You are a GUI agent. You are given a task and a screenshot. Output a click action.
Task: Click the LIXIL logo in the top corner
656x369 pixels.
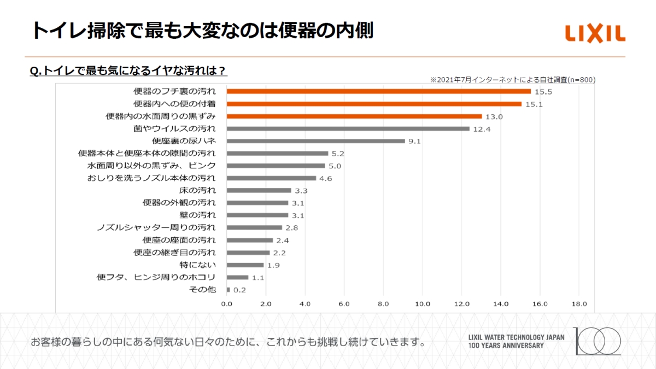[595, 34]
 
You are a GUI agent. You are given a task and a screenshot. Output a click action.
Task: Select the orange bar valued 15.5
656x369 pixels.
[378, 91]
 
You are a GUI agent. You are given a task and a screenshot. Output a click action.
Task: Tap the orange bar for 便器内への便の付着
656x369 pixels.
[374, 104]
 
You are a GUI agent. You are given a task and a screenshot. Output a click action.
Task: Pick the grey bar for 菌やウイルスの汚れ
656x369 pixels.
[348, 128]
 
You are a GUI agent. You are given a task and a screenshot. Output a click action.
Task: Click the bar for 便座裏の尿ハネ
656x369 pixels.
[315, 141]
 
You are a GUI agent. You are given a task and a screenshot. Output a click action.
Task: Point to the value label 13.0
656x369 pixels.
[494, 116]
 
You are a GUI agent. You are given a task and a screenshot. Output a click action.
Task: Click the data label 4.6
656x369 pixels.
[326, 178]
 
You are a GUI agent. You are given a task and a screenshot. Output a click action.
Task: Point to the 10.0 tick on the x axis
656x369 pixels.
[422, 303]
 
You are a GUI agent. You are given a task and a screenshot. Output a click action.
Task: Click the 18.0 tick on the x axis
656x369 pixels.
[579, 303]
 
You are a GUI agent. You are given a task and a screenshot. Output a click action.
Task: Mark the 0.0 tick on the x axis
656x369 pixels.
[226, 303]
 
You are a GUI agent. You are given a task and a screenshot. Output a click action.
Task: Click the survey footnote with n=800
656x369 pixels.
[512, 80]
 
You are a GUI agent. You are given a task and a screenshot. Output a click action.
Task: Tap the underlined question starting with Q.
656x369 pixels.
[128, 71]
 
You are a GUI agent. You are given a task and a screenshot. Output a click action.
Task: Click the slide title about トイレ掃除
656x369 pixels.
[202, 31]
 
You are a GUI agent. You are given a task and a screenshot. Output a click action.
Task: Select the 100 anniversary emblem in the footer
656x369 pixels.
[597, 341]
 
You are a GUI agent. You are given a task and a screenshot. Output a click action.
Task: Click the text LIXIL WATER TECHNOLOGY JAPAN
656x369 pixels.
[516, 337]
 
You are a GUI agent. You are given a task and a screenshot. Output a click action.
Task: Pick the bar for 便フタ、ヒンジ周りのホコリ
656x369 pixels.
[237, 277]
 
